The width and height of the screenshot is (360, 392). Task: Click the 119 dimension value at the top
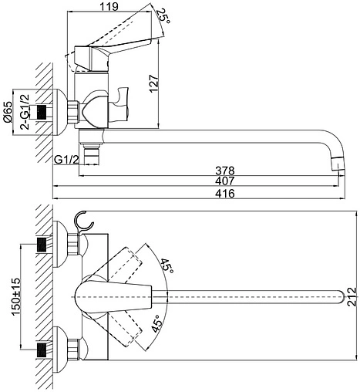109,7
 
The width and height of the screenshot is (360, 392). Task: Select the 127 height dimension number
153,83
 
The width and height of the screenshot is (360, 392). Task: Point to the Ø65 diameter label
8,112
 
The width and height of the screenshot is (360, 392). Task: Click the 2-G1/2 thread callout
25,112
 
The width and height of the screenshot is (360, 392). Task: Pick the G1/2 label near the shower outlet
66,160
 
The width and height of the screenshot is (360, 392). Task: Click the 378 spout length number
225,171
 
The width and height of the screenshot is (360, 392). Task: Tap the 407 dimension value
225,181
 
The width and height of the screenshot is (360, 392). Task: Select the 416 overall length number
225,193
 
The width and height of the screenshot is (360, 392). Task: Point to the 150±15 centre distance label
15,296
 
